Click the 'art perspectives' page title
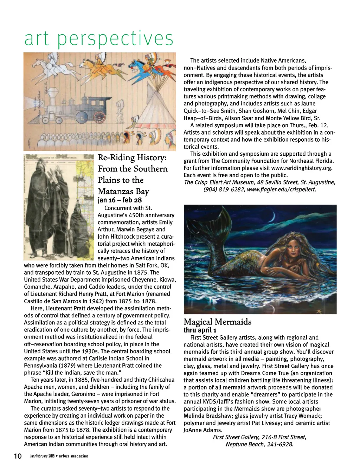(99, 39)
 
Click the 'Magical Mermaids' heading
(218, 322)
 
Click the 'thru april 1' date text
(200, 330)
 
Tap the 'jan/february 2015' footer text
(44, 457)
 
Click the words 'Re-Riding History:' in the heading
(132, 157)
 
